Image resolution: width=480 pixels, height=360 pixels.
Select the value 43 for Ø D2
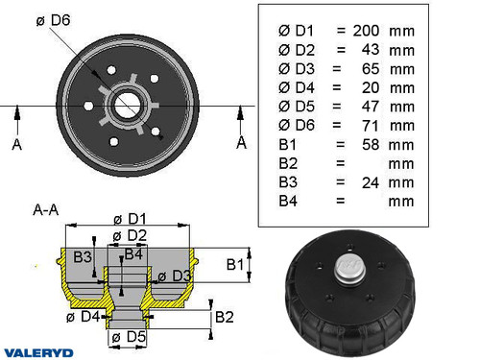[370, 49]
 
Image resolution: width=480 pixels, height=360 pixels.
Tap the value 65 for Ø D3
[370, 68]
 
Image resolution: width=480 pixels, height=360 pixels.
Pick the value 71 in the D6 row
[370, 124]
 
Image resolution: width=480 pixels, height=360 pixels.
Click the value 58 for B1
[370, 143]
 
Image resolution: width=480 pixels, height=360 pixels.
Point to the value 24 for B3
[370, 181]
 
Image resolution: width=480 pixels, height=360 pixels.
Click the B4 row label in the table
[287, 201]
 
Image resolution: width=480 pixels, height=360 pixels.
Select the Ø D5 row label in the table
[295, 106]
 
